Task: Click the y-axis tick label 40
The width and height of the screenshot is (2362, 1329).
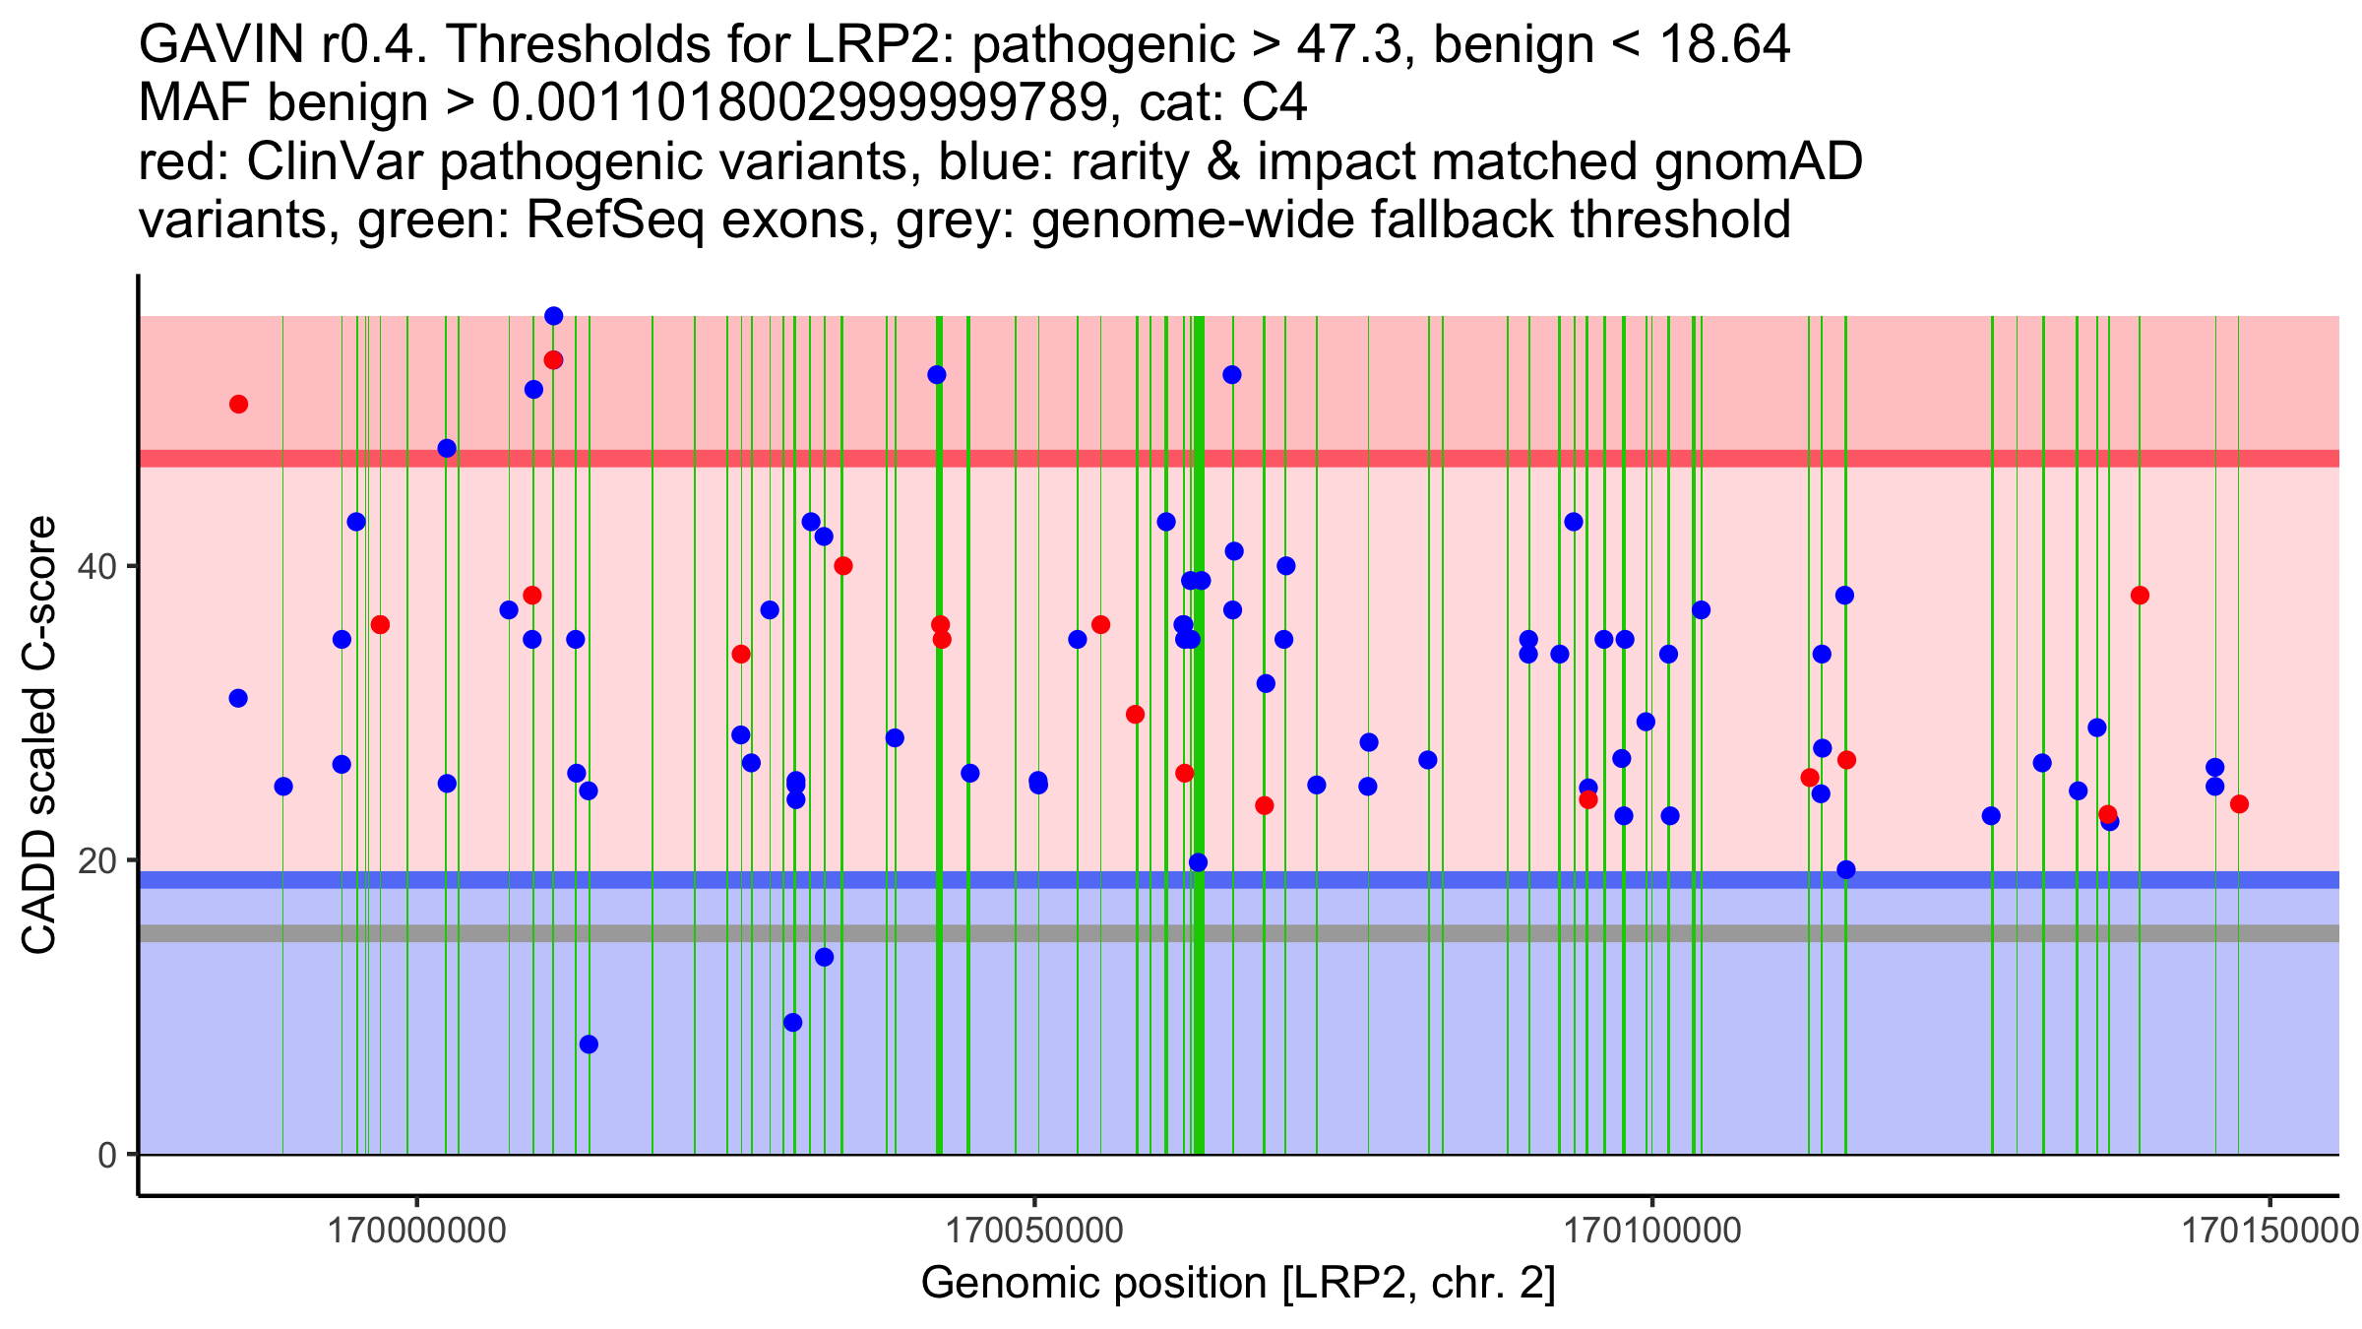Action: pos(98,567)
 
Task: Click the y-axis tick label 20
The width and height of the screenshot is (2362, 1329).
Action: pos(98,861)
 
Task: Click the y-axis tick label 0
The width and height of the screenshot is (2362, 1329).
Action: pos(106,1155)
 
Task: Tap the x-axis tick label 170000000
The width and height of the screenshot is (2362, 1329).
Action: pos(417,1231)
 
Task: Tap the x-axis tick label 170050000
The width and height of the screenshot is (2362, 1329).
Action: pos(1034,1231)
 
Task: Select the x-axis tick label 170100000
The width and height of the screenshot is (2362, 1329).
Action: pos(1652,1231)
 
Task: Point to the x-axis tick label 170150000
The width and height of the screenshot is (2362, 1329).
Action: pos(2269,1231)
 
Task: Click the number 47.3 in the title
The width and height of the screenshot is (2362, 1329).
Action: pos(1348,44)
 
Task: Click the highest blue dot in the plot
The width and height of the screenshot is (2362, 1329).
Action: pos(554,316)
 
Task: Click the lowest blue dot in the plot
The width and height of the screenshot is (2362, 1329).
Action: pos(589,1044)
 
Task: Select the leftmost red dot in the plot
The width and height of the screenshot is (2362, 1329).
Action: pos(238,405)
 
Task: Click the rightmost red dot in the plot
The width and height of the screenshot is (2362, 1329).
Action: pos(2239,804)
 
